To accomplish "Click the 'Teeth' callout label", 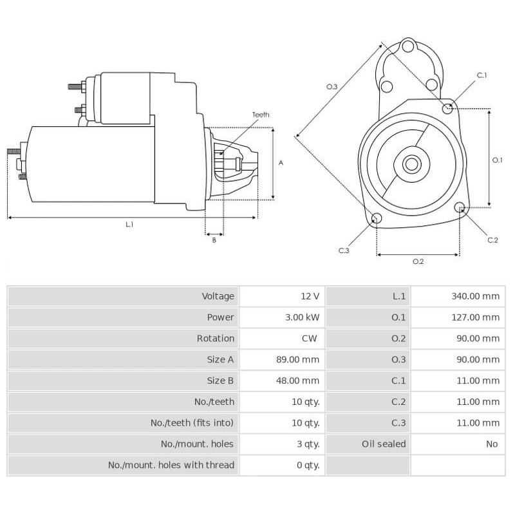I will pyautogui.click(x=260, y=115).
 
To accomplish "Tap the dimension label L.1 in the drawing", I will pyautogui.click(x=129, y=224).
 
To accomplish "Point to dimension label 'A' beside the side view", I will pyautogui.click(x=281, y=163).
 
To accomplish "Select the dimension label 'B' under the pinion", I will pyautogui.click(x=214, y=241).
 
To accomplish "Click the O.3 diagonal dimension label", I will pyautogui.click(x=332, y=86).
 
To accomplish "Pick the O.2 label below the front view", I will pyautogui.click(x=418, y=261).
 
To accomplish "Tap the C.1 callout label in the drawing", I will pyautogui.click(x=482, y=75).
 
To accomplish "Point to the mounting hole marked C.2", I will pyautogui.click(x=460, y=207).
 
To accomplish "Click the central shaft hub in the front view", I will pyautogui.click(x=411, y=164).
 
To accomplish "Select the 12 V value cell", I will pyautogui.click(x=310, y=296).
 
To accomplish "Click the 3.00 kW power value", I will pyautogui.click(x=301, y=317).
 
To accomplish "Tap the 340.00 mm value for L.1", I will pyautogui.click(x=476, y=296).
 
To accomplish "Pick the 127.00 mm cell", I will pyautogui.click(x=476, y=317).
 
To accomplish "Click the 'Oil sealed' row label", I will pyautogui.click(x=384, y=444).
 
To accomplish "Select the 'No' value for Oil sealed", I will pyautogui.click(x=492, y=444).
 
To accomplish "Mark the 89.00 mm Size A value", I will pyautogui.click(x=300, y=359).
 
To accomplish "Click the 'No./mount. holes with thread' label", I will pyautogui.click(x=171, y=465).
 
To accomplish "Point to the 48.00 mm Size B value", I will pyautogui.click(x=300, y=380).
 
